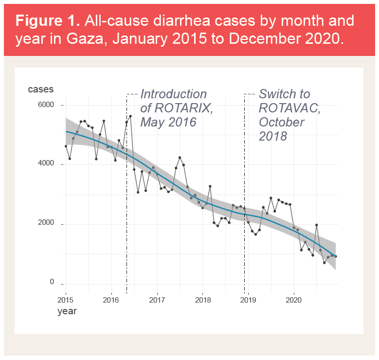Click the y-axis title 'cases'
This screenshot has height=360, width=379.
click(x=41, y=90)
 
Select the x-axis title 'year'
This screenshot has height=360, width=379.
click(x=67, y=310)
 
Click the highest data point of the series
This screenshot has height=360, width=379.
click(x=130, y=116)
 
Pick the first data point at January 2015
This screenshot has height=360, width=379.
click(x=66, y=146)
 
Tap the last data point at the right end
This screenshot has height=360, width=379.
click(x=336, y=256)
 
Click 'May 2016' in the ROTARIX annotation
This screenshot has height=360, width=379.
click(x=168, y=122)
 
